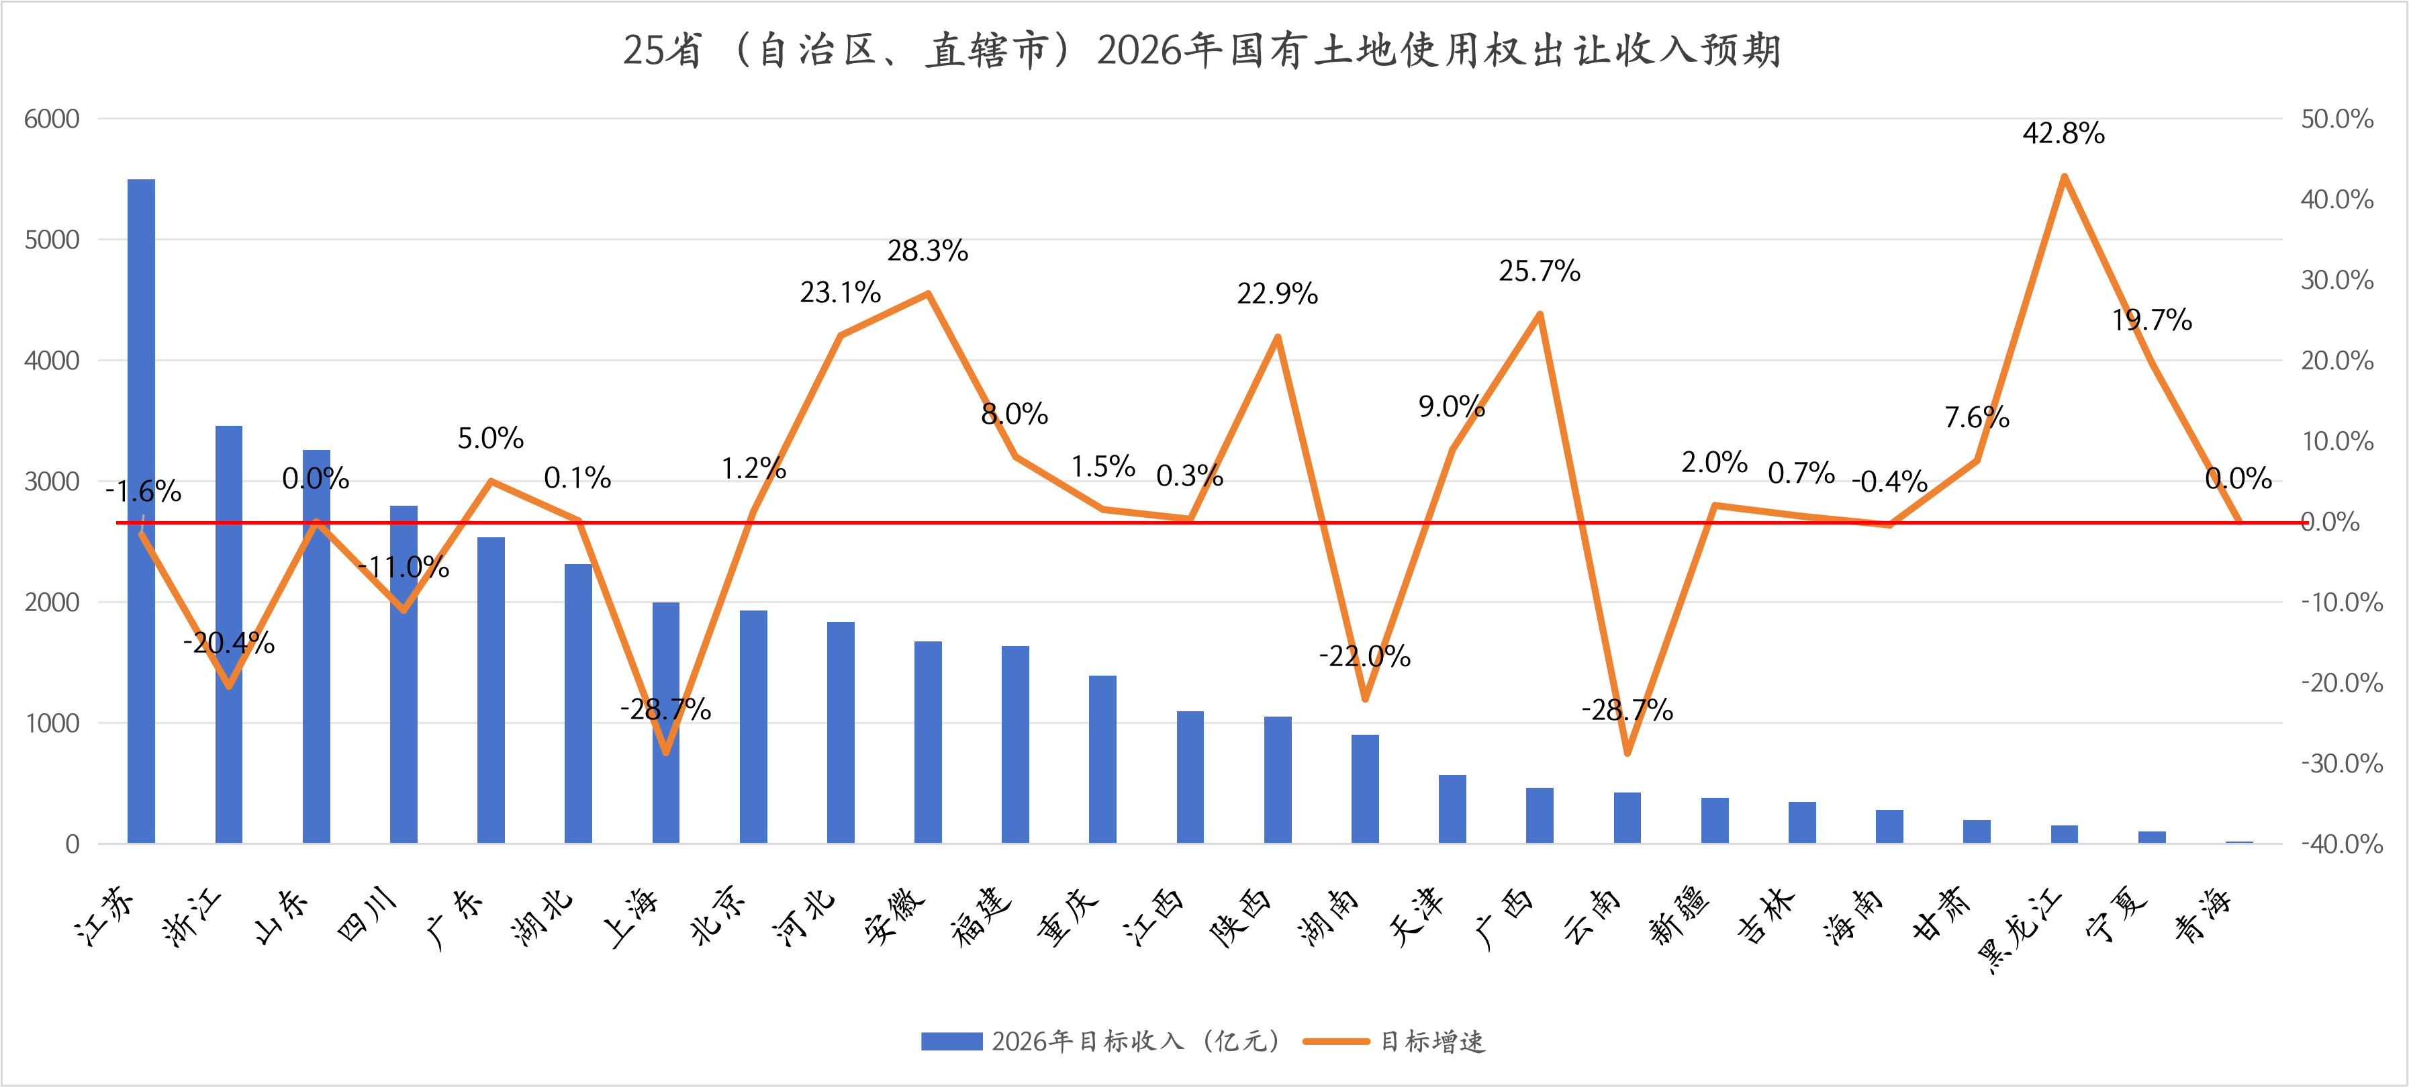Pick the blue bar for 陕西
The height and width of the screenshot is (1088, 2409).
(x=1278, y=780)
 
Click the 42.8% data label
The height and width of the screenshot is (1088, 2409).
(x=2063, y=133)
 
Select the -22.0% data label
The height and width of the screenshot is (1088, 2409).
(x=1364, y=655)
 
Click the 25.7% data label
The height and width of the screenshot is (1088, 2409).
(x=1540, y=271)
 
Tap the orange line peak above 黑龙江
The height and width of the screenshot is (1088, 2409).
(x=2064, y=176)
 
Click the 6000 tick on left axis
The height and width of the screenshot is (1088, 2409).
(x=52, y=119)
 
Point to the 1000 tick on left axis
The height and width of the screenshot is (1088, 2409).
(x=52, y=723)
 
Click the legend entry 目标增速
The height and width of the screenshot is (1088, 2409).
(x=1431, y=1041)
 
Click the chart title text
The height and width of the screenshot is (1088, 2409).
(x=1202, y=50)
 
